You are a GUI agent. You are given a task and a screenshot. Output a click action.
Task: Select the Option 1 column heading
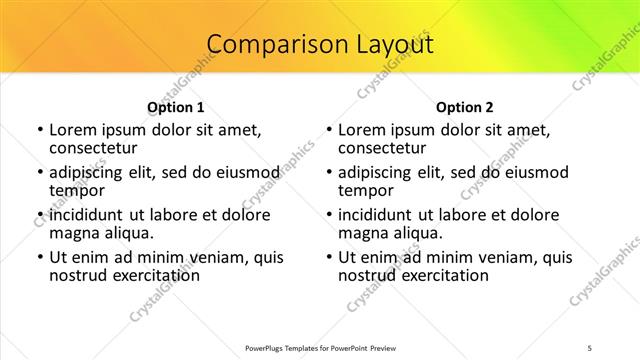click(176, 106)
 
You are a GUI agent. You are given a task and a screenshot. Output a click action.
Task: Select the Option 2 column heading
click(465, 106)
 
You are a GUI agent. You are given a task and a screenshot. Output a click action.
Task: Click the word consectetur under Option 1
click(92, 148)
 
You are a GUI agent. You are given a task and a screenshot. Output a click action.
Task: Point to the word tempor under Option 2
click(366, 190)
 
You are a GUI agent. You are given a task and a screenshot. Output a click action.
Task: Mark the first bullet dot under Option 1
click(39, 131)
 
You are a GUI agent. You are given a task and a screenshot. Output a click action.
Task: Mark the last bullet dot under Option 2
click(328, 258)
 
